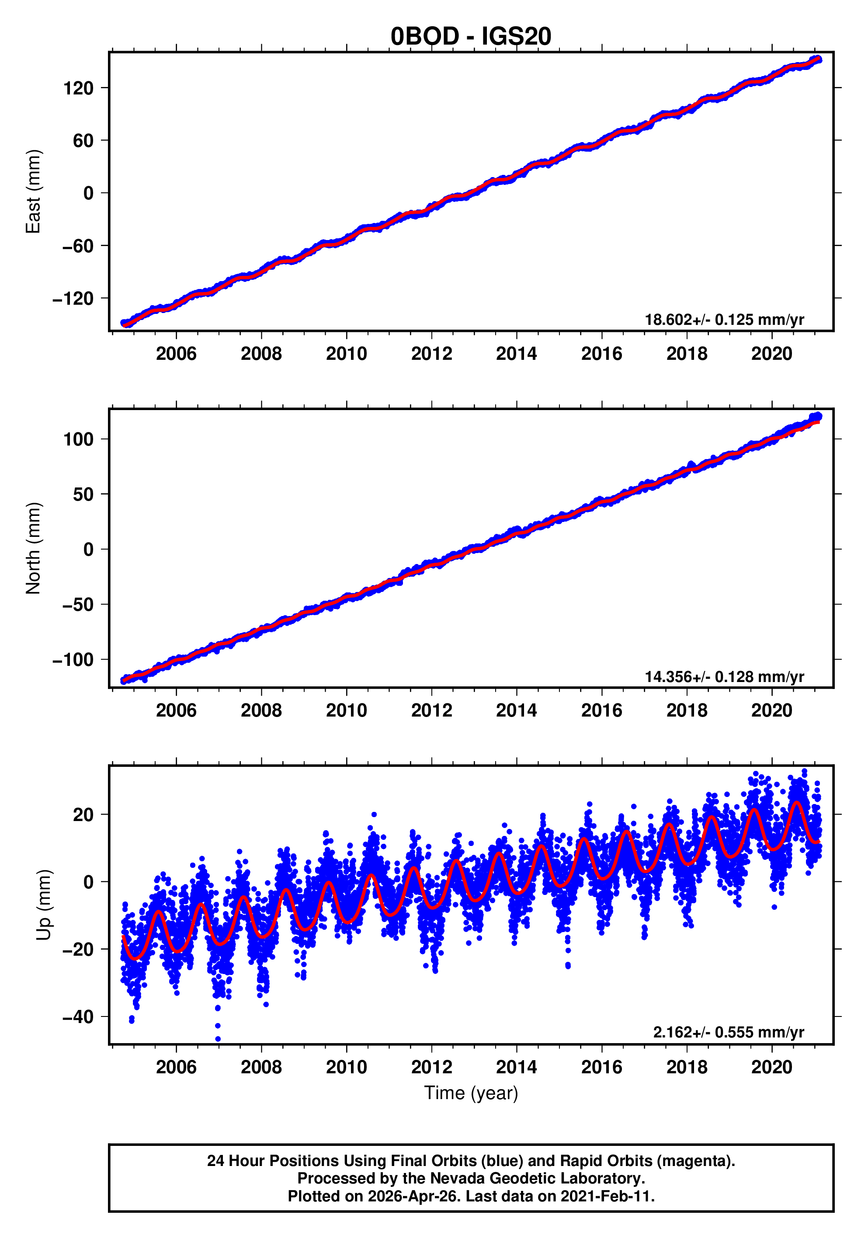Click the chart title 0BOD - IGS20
471,36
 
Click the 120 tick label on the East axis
78,88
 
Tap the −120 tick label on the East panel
73,299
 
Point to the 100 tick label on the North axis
78,439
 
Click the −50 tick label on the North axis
78,604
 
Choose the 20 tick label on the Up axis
83,815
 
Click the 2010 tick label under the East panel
346,354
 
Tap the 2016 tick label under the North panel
601,711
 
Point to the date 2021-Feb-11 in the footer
606,1196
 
